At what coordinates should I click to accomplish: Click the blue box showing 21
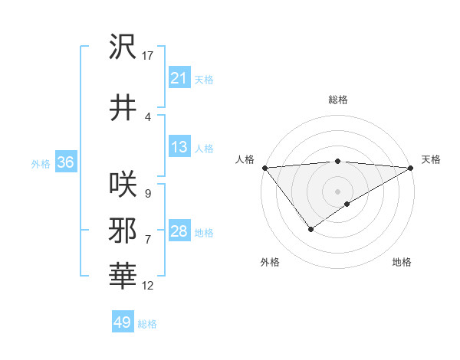coord(179,78)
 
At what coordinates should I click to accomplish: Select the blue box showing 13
coord(179,147)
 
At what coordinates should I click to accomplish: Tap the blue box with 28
coord(179,231)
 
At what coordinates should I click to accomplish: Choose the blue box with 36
coord(65,162)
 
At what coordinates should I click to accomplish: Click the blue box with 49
coord(122,322)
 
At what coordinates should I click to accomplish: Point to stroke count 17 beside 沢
coord(148,56)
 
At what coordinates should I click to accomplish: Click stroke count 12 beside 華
coord(148,286)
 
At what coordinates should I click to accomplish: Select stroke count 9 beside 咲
coord(147,194)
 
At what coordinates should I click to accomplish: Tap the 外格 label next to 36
coord(40,163)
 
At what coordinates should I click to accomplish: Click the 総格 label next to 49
coord(147,324)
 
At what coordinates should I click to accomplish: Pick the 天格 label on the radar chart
coord(431,159)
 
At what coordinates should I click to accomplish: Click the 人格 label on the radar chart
coord(245,159)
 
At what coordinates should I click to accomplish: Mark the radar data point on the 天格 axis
coord(411,168)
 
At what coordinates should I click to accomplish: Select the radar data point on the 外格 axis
coord(310,229)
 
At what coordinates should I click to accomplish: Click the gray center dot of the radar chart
coord(337,191)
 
